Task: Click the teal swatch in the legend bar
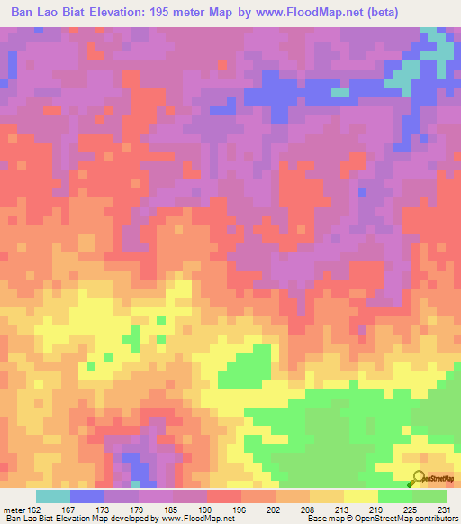[x=53, y=496]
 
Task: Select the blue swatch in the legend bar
[x=87, y=496]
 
